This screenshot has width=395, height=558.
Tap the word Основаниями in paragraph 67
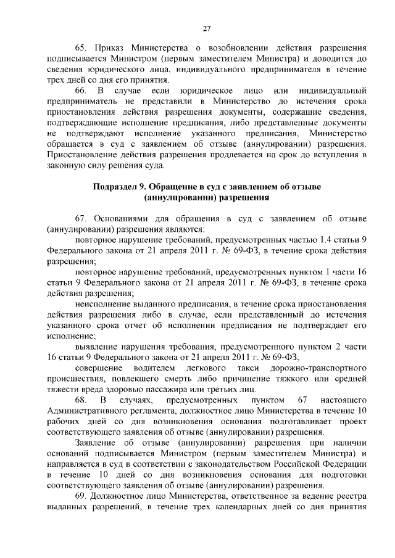coord(121,220)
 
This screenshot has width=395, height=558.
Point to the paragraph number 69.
coord(82,497)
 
